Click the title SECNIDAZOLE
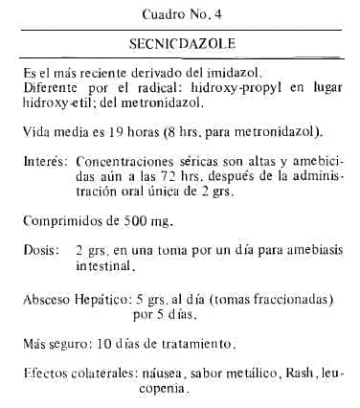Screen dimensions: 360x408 (179, 45)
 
